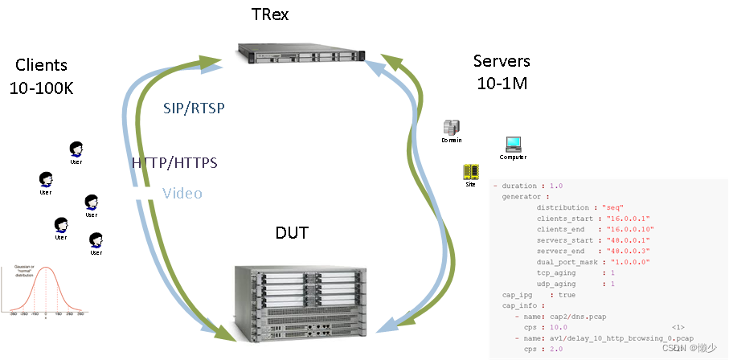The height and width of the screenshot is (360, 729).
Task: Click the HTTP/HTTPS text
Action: [174, 163]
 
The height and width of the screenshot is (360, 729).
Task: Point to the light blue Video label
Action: [182, 193]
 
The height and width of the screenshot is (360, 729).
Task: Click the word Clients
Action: [42, 65]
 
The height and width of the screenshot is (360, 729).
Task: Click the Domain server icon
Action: [452, 128]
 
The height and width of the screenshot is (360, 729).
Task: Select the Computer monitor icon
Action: [514, 145]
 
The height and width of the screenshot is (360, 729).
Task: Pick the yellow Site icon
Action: [470, 172]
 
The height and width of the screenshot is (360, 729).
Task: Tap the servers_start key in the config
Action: [565, 239]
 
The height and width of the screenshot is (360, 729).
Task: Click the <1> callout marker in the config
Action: [678, 327]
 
